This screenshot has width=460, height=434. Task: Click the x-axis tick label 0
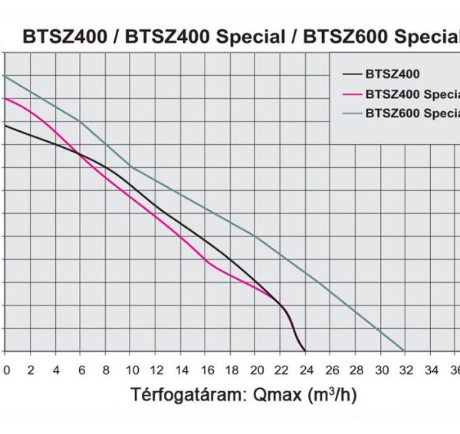pos(6,369)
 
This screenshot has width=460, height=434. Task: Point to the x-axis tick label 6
pos(80,369)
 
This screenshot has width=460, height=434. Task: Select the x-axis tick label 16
pos(205,369)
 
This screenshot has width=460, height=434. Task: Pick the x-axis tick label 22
pos(281,369)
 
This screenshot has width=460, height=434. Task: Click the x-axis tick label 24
pos(305,369)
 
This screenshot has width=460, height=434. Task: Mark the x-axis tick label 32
pos(405,369)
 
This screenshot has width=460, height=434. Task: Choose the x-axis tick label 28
pos(355,369)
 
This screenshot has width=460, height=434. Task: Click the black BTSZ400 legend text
pos(393,74)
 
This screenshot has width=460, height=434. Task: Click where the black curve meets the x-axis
pos(305,351)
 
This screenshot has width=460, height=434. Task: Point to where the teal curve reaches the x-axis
pos(405,351)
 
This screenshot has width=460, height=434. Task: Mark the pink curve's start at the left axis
pos(5,98)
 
